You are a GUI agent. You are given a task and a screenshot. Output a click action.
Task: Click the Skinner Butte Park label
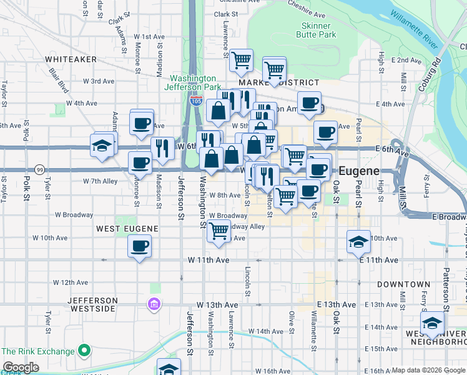[315, 30]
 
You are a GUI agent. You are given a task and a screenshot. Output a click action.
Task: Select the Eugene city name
[360, 171]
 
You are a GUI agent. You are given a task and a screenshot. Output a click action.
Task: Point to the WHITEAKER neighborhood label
[71, 59]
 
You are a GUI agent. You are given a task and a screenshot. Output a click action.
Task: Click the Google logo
[21, 367]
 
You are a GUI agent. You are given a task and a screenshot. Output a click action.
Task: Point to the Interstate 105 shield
[196, 101]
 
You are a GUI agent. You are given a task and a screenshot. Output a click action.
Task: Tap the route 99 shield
[40, 169]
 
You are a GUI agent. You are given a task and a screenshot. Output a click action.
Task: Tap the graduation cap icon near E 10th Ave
[358, 241]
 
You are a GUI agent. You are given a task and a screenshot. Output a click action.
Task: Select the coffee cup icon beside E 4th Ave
[308, 102]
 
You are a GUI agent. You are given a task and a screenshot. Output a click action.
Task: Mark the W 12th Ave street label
[71, 282]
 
